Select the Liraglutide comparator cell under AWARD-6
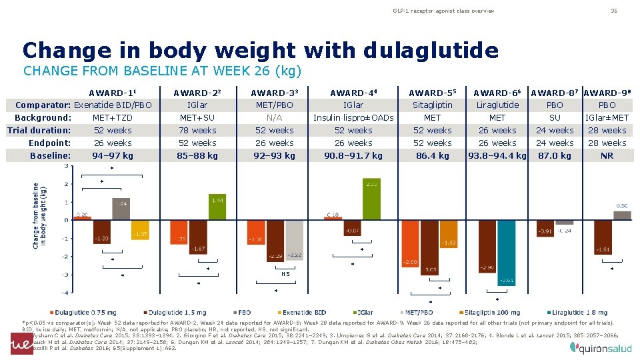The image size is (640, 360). [x=497, y=105]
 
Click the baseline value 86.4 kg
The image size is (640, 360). [x=432, y=155]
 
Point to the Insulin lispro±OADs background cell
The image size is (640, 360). [x=353, y=118]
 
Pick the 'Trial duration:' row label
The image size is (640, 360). [x=39, y=130]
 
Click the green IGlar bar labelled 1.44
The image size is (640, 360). [x=217, y=206]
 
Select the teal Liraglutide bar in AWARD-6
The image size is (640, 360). [x=507, y=253]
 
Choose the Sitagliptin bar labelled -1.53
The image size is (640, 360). [x=449, y=234]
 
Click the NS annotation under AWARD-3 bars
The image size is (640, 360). [x=285, y=273]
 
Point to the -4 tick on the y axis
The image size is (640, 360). [x=65, y=293]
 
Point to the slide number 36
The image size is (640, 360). [x=615, y=11]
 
